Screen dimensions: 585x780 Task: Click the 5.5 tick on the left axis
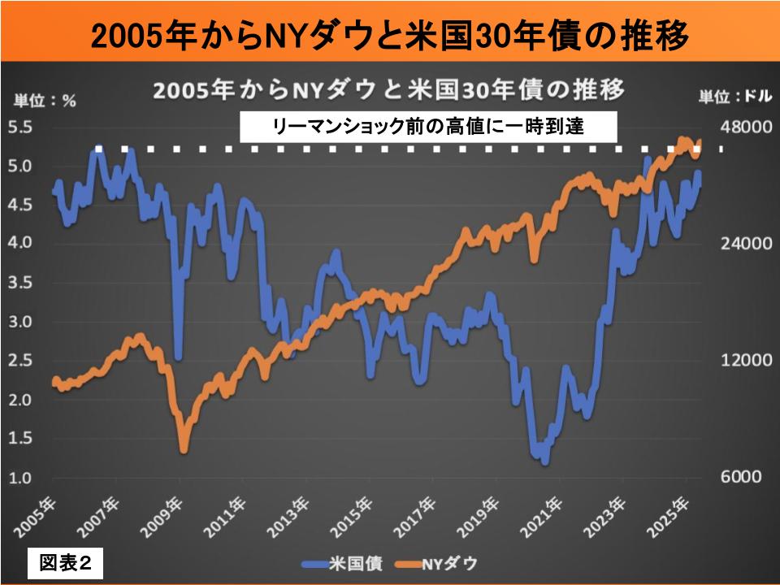pyautogui.click(x=19, y=128)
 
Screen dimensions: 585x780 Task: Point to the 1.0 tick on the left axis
pyautogui.click(x=19, y=477)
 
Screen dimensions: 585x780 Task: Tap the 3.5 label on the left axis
pyautogui.click(x=19, y=283)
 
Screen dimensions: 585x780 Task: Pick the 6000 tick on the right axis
pyautogui.click(x=742, y=477)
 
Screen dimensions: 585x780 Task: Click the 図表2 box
pyautogui.click(x=66, y=563)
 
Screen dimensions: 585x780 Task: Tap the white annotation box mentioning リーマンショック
pyautogui.click(x=429, y=127)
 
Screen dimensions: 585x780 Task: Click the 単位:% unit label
pyautogui.click(x=45, y=102)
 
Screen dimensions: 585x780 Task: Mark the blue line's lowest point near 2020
pyautogui.click(x=544, y=461)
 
